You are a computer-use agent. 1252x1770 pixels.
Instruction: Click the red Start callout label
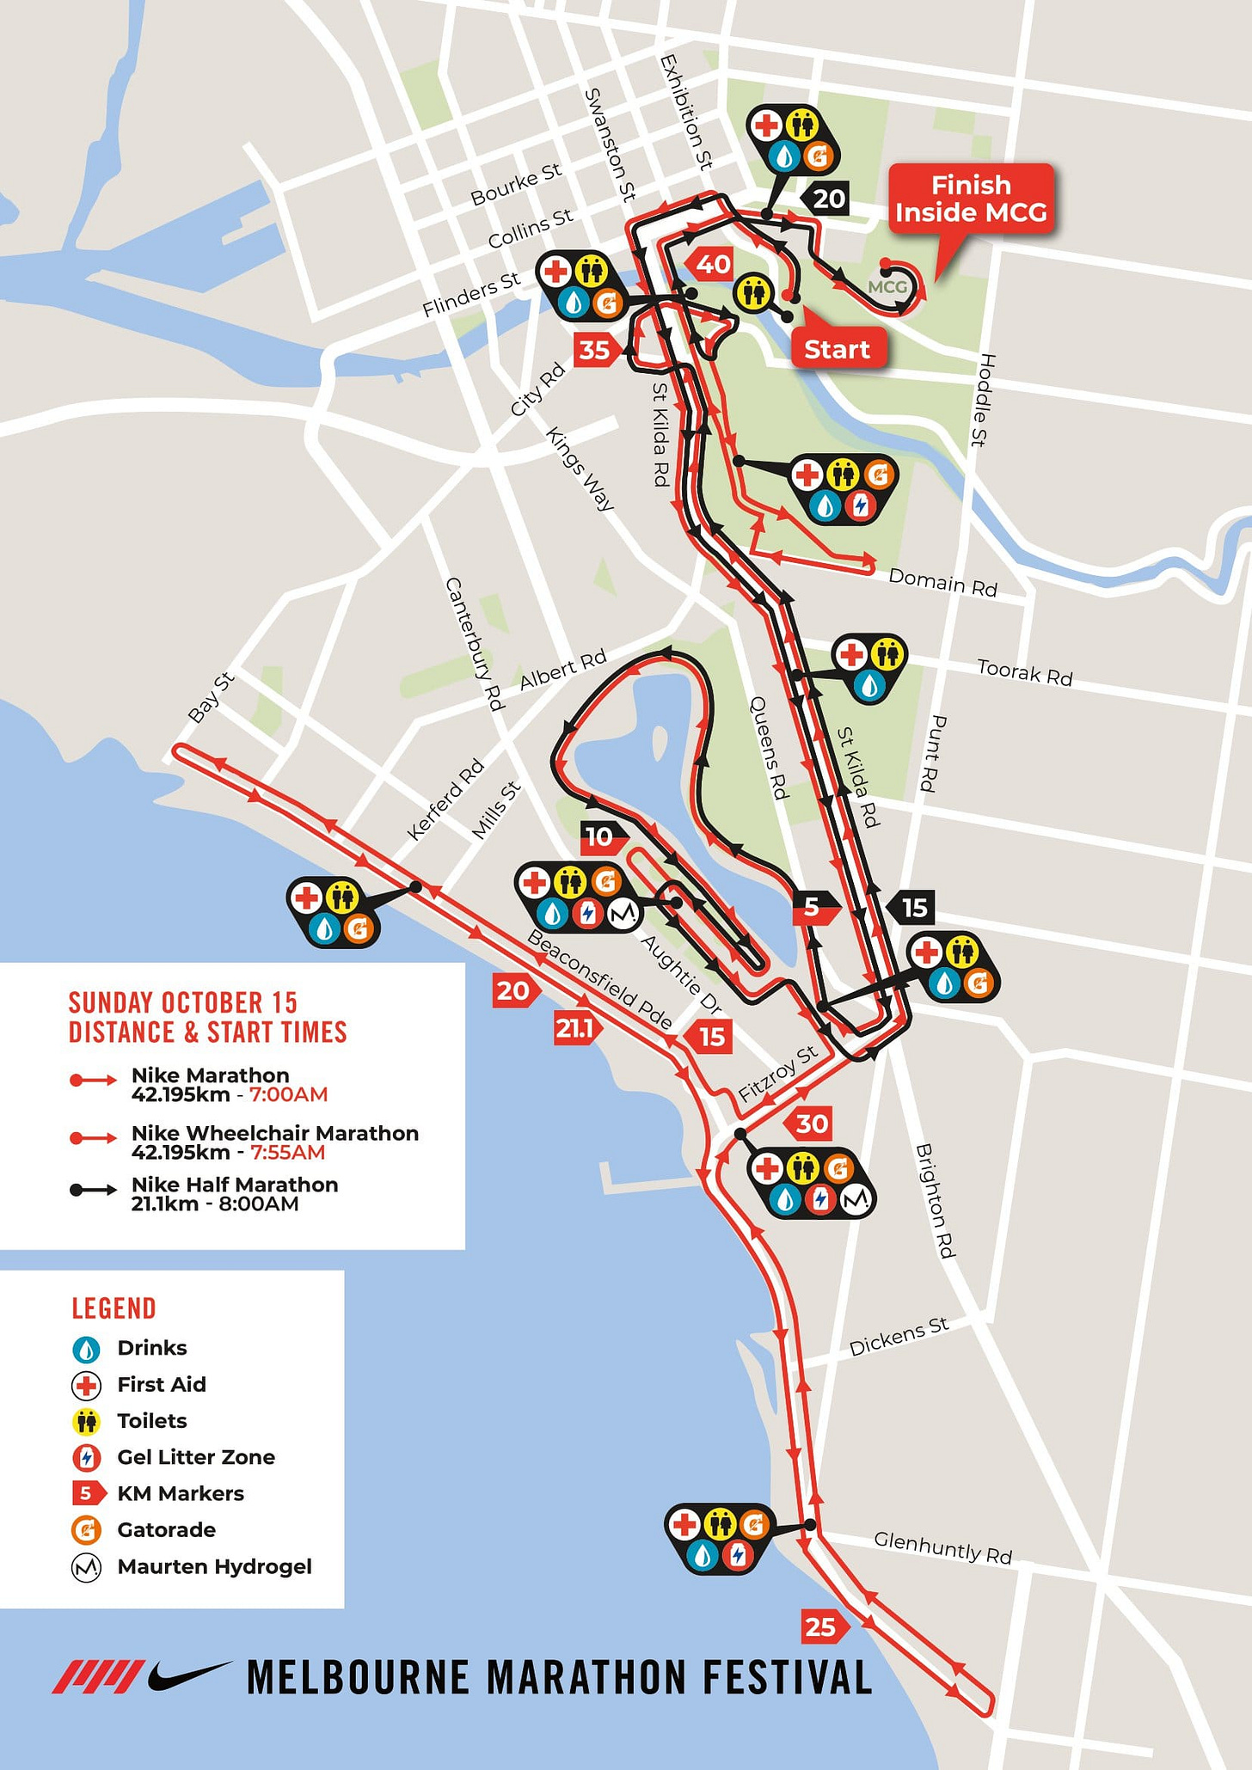[x=838, y=349]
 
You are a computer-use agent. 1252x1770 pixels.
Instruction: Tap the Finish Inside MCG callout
[x=970, y=199]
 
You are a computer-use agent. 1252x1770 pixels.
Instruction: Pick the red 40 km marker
[x=712, y=265]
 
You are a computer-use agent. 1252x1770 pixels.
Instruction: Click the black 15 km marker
[x=912, y=908]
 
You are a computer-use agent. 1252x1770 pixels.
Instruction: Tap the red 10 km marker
[x=601, y=836]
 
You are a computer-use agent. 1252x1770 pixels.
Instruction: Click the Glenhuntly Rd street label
[x=942, y=1546]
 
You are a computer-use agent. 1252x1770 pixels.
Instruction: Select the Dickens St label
[x=899, y=1338]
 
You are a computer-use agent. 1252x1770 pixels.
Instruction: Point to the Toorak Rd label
[x=1024, y=673]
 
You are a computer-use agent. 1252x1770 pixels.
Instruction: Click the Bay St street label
[x=211, y=698]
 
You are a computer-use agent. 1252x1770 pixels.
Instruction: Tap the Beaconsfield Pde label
[x=599, y=980]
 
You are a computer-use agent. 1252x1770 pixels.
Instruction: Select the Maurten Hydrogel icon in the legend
[x=86, y=1567]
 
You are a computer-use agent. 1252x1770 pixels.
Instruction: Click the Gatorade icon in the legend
[x=86, y=1530]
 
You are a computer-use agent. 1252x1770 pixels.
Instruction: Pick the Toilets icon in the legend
[x=86, y=1421]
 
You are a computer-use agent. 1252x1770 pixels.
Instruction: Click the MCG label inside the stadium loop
[x=887, y=287]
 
